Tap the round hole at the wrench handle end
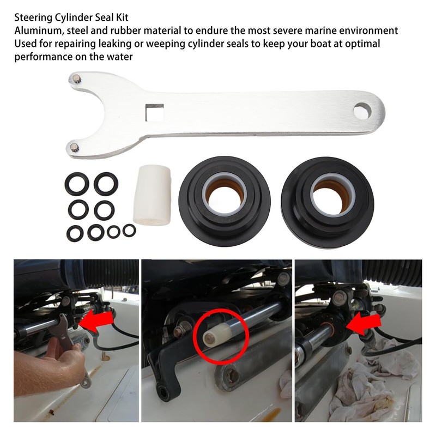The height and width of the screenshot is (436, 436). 360,111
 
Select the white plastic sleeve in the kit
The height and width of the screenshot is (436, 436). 153,196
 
